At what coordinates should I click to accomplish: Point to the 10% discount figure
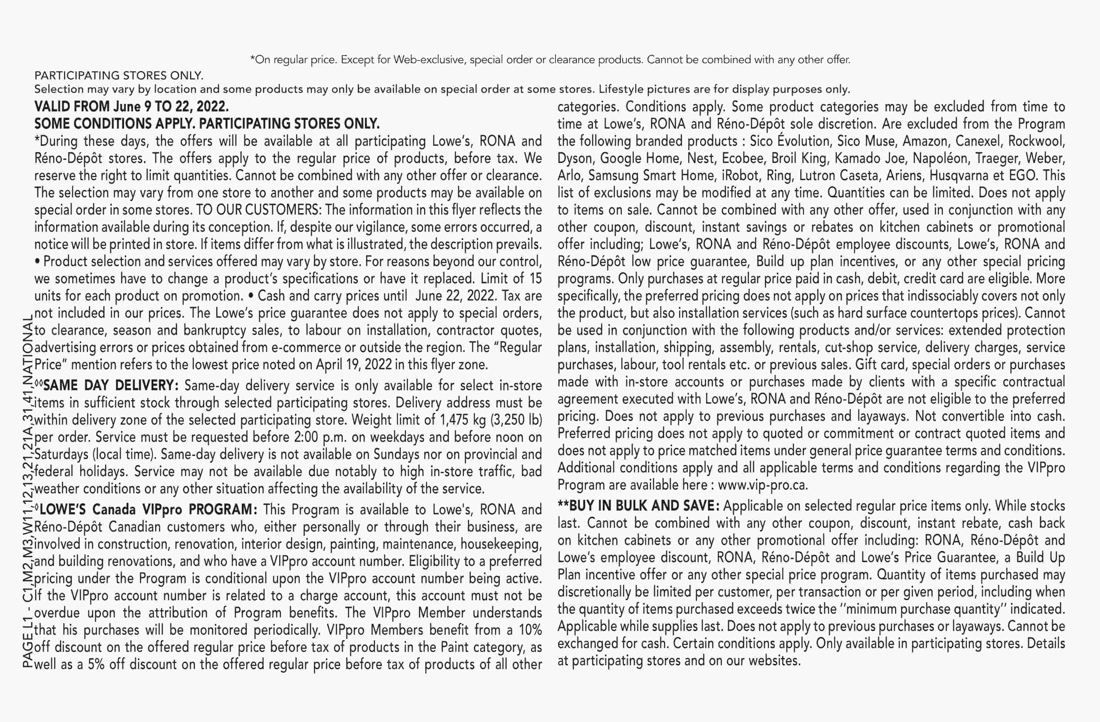coord(530,630)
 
